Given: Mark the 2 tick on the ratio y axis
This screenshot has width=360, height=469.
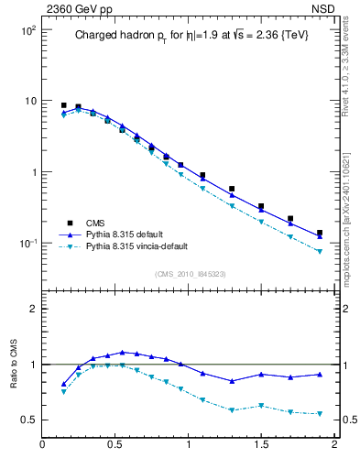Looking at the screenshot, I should pyautogui.click(x=33, y=310).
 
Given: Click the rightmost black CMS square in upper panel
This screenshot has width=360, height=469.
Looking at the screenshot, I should pyautogui.click(x=320, y=233).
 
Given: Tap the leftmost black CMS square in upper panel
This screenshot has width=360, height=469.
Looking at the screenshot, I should pyautogui.click(x=63, y=105).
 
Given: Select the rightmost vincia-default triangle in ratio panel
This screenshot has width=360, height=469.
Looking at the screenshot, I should pyautogui.click(x=320, y=414).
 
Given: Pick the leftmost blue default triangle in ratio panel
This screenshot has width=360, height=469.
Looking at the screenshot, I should pyautogui.click(x=63, y=384).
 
